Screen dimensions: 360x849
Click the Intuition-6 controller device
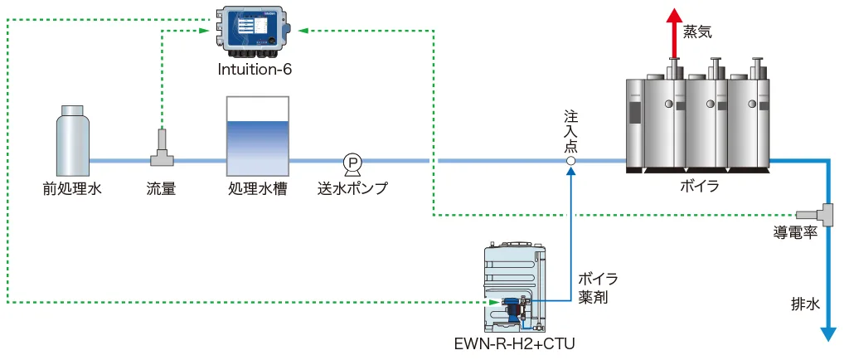coord(254,30)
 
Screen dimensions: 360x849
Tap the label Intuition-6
coord(255,70)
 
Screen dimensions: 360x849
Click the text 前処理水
coord(72,188)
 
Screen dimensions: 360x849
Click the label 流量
coord(161,188)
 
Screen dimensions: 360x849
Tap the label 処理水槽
coord(257,188)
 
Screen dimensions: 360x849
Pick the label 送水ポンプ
coord(352,188)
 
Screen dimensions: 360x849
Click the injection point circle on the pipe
coord(571,161)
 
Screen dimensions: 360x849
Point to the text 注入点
coord(571,128)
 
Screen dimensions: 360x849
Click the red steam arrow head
coord(672,14)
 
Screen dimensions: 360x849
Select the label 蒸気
coord(697,32)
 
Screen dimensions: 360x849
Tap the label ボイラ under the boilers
coord(699,187)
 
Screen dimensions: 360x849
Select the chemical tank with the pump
coord(517,286)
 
